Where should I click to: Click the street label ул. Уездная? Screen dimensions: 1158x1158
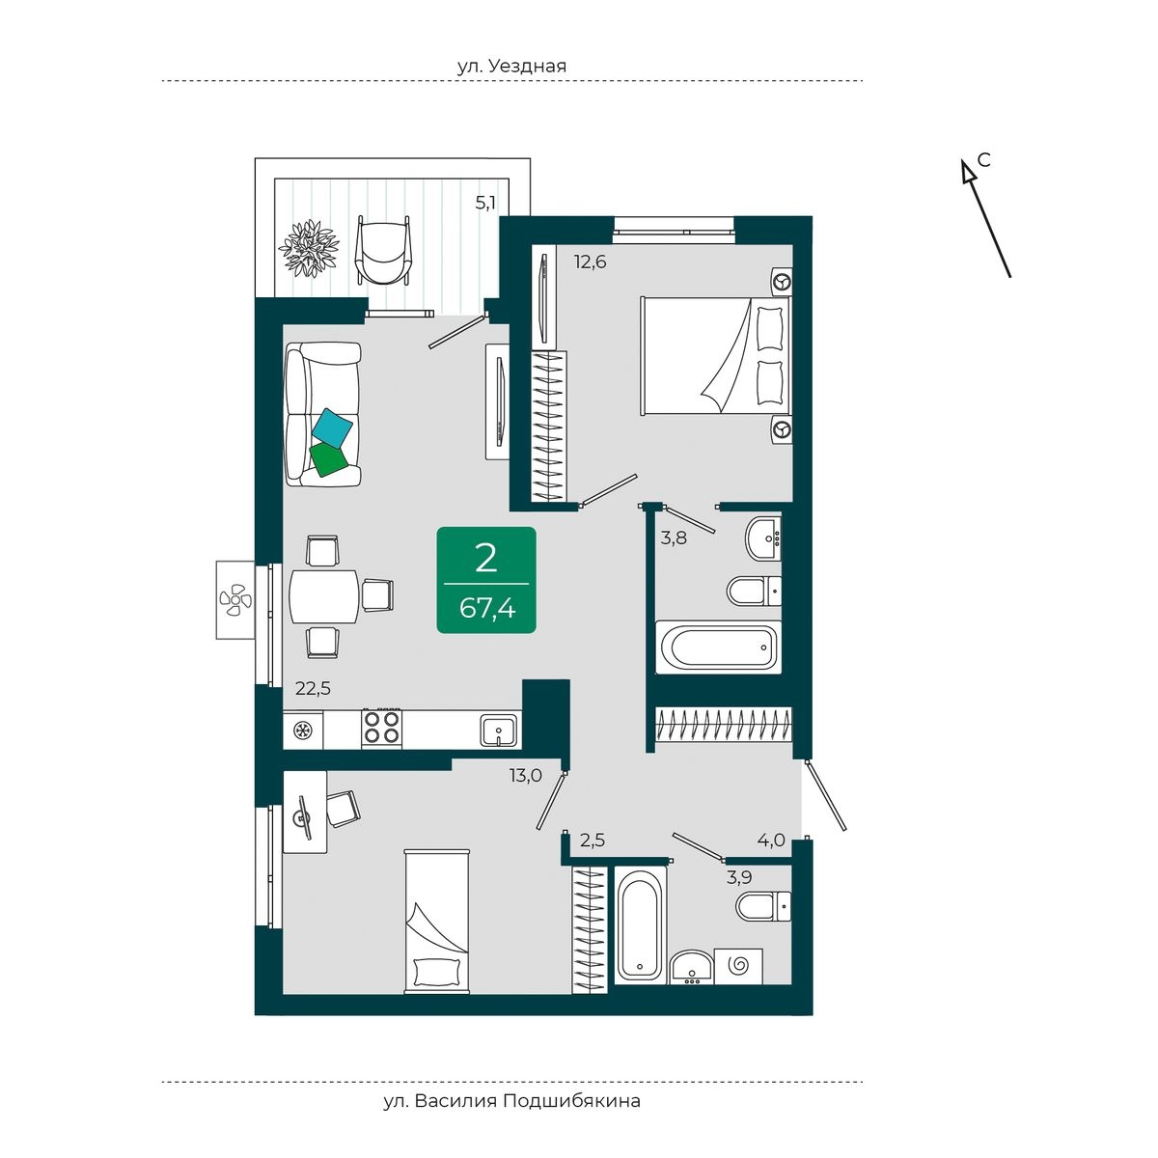pos(511,66)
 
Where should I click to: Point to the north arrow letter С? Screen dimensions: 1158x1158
pos(983,160)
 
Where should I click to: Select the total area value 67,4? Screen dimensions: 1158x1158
pos(486,609)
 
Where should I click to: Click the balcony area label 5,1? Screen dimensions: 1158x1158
pos(485,203)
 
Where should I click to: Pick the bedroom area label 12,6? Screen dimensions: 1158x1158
pos(590,262)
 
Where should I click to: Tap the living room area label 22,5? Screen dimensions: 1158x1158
pos(313,688)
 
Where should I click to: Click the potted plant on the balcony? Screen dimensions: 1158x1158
pos(309,248)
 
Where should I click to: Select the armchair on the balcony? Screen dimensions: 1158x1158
pos(383,250)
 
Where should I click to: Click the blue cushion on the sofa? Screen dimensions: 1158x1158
pos(332,427)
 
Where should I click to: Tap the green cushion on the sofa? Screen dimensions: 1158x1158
pos(328,459)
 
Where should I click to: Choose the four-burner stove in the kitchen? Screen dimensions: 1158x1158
pos(381,729)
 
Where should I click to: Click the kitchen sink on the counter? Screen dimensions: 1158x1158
pos(498,730)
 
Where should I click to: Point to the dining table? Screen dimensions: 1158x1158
pos(324,596)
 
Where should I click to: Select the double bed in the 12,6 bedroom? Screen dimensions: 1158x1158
pos(716,354)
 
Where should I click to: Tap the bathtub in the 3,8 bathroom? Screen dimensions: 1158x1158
pos(718,648)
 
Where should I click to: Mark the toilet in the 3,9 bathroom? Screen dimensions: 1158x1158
pos(763,905)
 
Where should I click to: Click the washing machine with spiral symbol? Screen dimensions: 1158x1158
pos(738,966)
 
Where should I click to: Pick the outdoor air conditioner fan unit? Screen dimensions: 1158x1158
pos(235,599)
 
